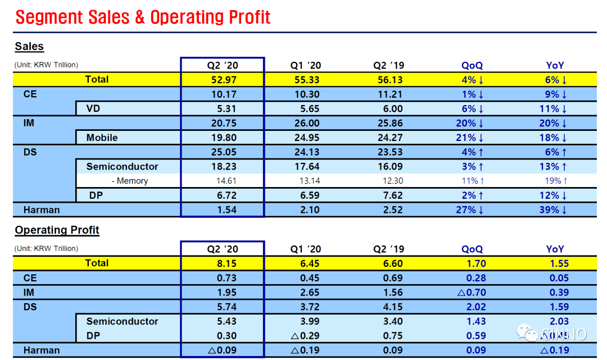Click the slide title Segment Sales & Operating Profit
[x=143, y=17]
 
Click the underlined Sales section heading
[x=29, y=47]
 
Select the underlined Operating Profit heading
[x=57, y=230]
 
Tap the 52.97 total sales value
[x=223, y=80]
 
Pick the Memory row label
[x=129, y=181]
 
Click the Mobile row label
[x=102, y=138]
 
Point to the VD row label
[x=93, y=108]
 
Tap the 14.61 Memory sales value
[x=223, y=181]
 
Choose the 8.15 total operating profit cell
[x=223, y=263]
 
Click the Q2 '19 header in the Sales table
[x=388, y=65]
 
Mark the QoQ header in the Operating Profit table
[x=472, y=249]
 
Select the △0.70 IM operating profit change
[x=472, y=293]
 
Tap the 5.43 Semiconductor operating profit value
[x=223, y=322]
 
